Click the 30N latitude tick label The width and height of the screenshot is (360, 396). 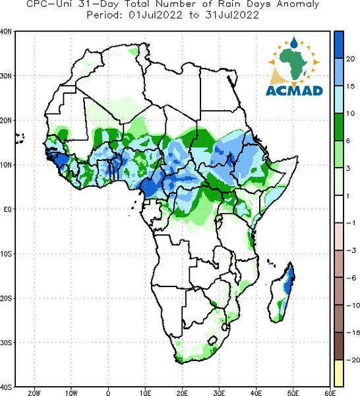[x=6, y=76]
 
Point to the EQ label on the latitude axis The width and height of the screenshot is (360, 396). [x=7, y=209]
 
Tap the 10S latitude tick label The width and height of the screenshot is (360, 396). [x=6, y=254]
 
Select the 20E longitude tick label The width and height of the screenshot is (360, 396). [x=182, y=393]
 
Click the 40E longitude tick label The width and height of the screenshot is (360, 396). [x=256, y=393]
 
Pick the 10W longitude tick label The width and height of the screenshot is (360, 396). [x=71, y=393]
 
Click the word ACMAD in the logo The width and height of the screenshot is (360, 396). [x=294, y=90]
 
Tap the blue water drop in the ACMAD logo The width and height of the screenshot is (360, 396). [x=293, y=42]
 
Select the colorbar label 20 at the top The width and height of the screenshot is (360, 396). [x=350, y=59]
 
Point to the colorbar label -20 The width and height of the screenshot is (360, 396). [x=353, y=360]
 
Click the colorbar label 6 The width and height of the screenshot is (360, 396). [x=348, y=141]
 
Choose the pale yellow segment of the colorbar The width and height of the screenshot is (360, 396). [x=339, y=373]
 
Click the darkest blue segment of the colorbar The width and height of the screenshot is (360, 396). [x=339, y=45]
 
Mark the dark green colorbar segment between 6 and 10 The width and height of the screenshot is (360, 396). [x=339, y=127]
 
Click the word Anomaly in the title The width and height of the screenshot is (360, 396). [x=298, y=5]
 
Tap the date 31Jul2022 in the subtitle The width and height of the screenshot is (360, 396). [x=232, y=15]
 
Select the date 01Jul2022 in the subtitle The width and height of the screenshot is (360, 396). [x=156, y=15]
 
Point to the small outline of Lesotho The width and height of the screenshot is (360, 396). [x=212, y=341]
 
